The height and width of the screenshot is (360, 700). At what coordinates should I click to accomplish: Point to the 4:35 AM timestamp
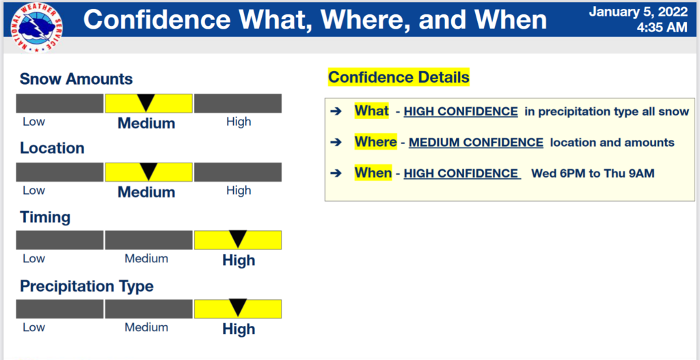pos(662,27)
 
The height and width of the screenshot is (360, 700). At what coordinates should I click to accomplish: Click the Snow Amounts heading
pos(77,79)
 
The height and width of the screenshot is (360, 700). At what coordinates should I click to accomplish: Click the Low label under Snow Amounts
pos(34,122)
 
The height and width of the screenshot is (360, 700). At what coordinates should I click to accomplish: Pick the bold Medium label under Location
pos(146,192)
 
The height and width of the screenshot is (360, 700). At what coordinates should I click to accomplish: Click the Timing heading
pos(45,218)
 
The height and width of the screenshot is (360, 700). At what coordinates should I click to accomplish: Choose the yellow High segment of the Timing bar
pos(237,240)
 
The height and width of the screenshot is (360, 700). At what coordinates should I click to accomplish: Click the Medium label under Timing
pos(146,258)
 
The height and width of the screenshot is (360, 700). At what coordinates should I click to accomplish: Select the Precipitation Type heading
pos(87,286)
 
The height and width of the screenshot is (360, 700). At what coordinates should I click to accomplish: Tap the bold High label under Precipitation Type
pos(239,329)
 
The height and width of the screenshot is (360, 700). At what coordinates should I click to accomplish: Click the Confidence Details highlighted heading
pos(399,77)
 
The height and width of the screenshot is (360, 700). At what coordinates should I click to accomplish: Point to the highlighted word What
pos(371,111)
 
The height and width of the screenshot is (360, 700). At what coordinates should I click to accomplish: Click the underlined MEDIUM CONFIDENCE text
pos(476,143)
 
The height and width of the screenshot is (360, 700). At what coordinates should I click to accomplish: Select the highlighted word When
pos(373,172)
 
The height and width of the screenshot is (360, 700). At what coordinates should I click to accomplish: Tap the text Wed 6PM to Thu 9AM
pos(593,174)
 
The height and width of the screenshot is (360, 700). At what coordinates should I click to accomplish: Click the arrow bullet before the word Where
pos(336,143)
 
